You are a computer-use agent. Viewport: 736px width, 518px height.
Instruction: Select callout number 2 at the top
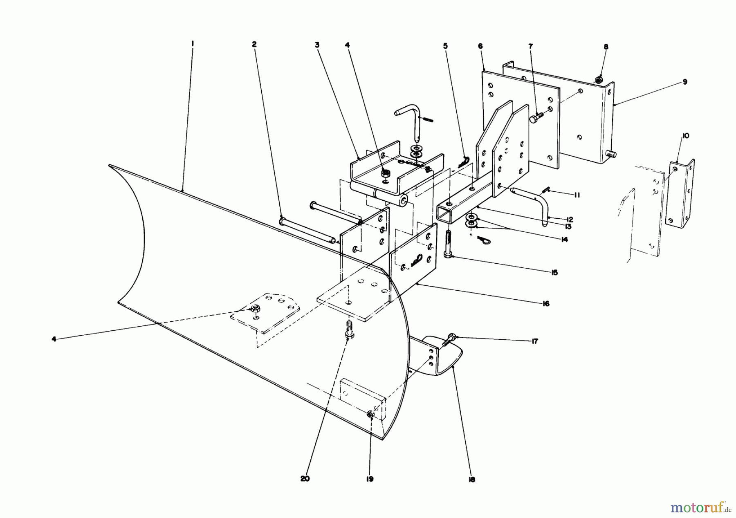pyautogui.click(x=254, y=44)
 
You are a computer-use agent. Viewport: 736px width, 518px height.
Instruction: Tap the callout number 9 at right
pyautogui.click(x=684, y=82)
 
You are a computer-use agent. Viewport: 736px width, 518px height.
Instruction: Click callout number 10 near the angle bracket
pyautogui.click(x=685, y=136)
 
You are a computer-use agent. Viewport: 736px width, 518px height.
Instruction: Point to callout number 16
pyautogui.click(x=546, y=303)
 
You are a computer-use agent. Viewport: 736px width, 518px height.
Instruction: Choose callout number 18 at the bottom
pyautogui.click(x=472, y=480)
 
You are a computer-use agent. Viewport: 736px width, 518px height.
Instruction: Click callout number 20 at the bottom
pyautogui.click(x=305, y=479)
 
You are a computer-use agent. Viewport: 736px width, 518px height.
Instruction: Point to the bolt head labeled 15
pyautogui.click(x=448, y=255)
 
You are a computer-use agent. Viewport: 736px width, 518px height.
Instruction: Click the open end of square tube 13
pyautogui.click(x=445, y=214)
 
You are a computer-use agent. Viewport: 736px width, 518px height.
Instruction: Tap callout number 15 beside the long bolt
pyautogui.click(x=554, y=272)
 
